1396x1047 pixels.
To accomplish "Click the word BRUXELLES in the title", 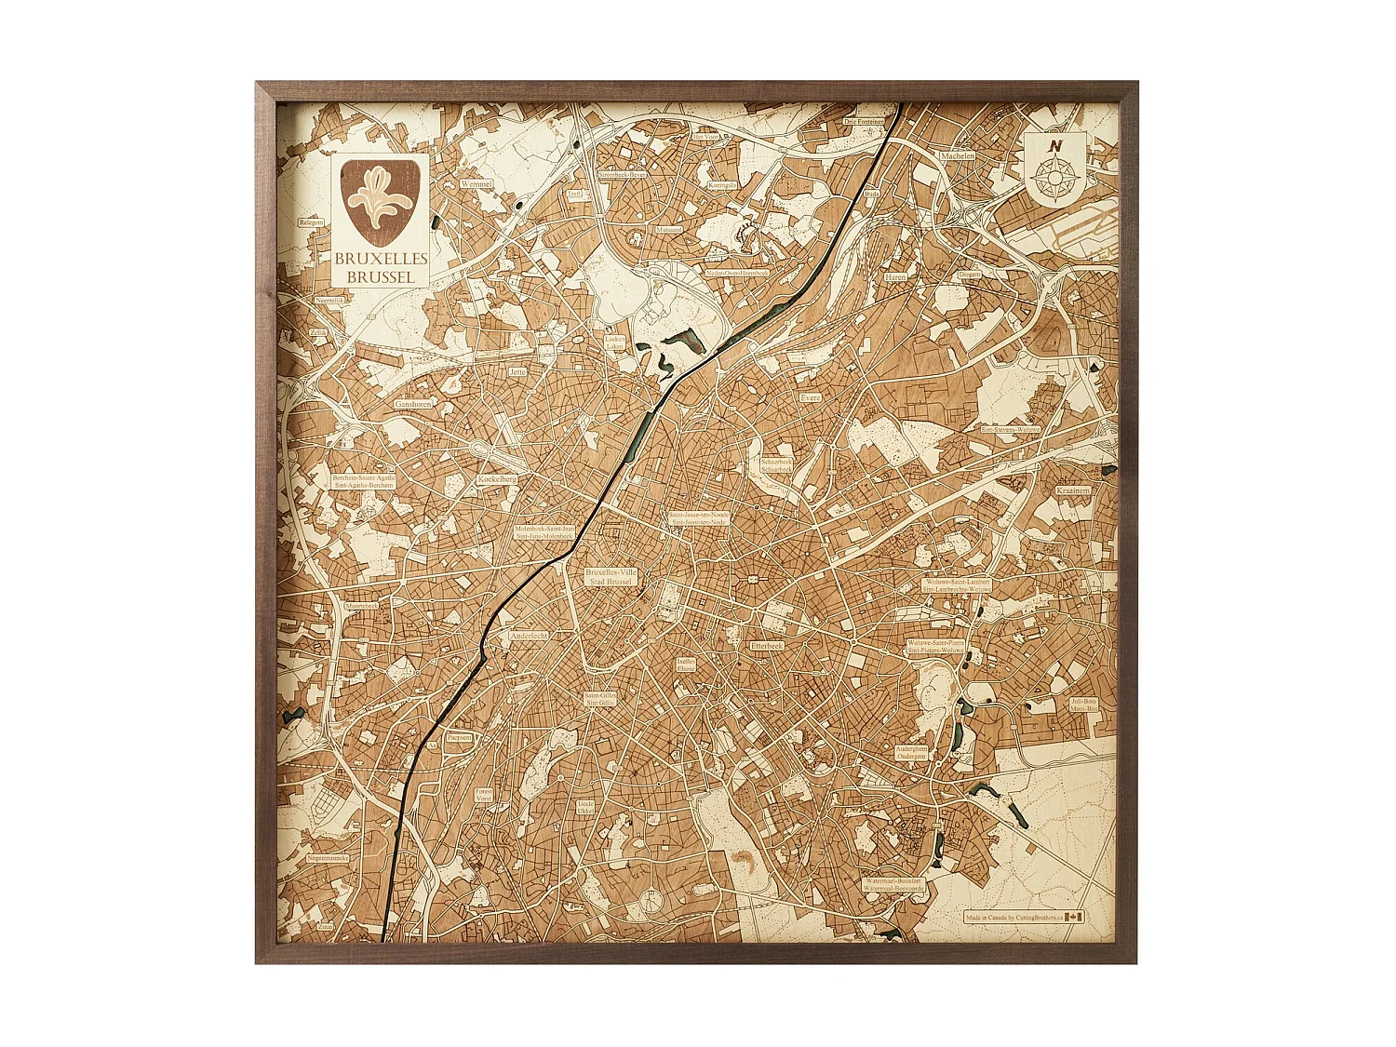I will pyautogui.click(x=381, y=258).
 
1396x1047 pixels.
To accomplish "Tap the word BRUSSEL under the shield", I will pyautogui.click(x=381, y=276).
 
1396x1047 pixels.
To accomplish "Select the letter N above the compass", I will pyautogui.click(x=1054, y=146).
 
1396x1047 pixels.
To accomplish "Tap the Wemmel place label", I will pyautogui.click(x=477, y=184).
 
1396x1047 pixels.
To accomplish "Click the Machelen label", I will pyautogui.click(x=957, y=156).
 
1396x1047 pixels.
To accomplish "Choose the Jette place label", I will pyautogui.click(x=517, y=371).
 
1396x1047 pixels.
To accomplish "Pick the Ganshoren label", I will pyautogui.click(x=413, y=405).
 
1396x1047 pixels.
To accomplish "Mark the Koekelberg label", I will pyautogui.click(x=497, y=479).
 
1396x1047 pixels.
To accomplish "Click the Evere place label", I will pyautogui.click(x=811, y=397).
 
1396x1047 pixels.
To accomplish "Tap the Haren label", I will pyautogui.click(x=895, y=277).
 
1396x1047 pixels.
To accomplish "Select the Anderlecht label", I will pyautogui.click(x=529, y=637).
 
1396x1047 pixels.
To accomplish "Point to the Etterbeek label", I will pyautogui.click(x=767, y=644).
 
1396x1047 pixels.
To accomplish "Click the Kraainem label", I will pyautogui.click(x=1073, y=490).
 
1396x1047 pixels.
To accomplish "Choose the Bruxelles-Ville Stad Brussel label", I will pyautogui.click(x=611, y=577).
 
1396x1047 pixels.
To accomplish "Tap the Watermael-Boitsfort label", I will pyautogui.click(x=893, y=884).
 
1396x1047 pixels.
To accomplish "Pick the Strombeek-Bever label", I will pyautogui.click(x=623, y=174).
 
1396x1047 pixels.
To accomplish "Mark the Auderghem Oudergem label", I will pyautogui.click(x=911, y=752).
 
